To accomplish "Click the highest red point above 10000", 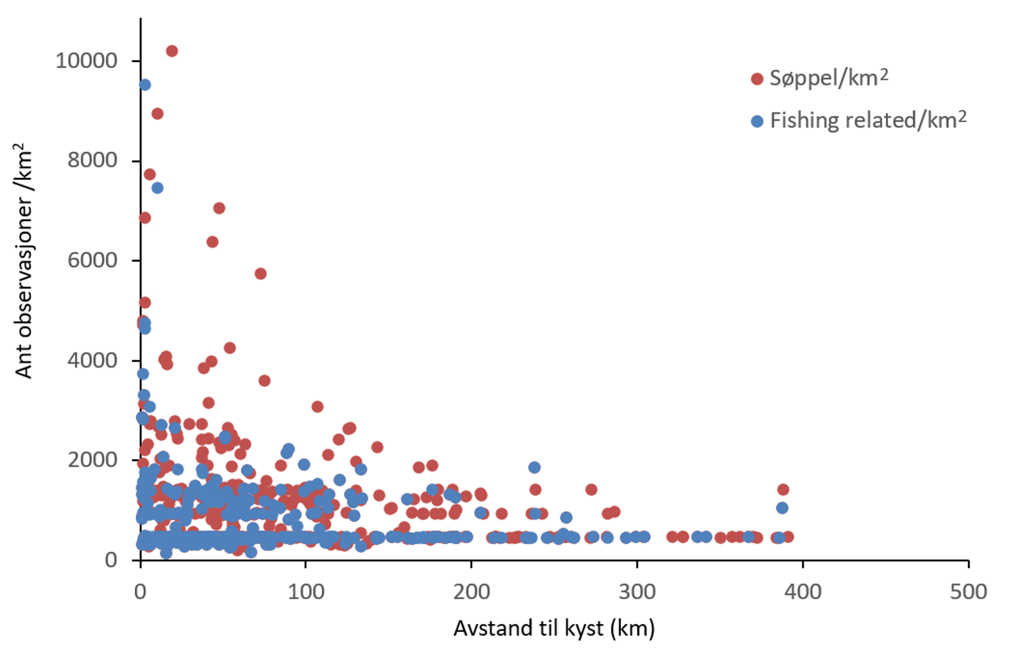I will coord(172,51).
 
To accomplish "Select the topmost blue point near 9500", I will coord(145,85).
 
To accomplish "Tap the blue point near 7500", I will coord(157,188).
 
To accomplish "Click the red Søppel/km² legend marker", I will coord(757,79).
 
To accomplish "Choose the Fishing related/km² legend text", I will coord(868,121).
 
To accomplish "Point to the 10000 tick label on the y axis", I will coord(86,61).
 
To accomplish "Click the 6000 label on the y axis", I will coord(92,260).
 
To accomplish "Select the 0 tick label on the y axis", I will coord(111,560).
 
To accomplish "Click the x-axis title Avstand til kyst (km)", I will coord(554,628).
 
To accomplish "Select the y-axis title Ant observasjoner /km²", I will coord(24,260).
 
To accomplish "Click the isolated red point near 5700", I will coord(260,273).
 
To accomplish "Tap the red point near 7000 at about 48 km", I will coord(219,208).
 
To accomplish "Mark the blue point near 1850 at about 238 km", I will coord(534,467).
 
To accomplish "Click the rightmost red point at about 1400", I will coord(783,490).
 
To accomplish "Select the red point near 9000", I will coord(157,114).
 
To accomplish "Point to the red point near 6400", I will coord(212,242).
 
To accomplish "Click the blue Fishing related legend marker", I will coord(757,121).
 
